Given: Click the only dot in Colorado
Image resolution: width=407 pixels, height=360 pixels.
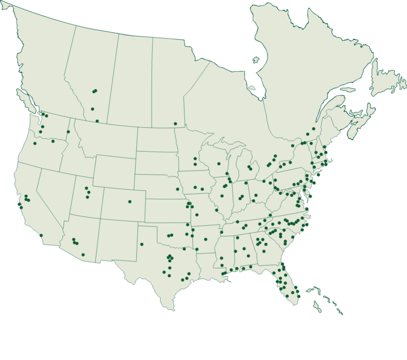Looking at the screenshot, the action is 130,201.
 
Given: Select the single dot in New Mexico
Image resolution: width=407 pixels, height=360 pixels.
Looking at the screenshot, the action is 141,244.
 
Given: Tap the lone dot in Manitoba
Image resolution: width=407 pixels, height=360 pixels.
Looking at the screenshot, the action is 175,124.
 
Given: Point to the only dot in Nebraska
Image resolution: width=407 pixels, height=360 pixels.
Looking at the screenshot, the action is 178,189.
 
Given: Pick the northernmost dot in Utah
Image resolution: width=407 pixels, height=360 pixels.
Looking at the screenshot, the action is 86,188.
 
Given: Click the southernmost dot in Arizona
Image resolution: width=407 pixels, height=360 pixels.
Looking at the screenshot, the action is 83,255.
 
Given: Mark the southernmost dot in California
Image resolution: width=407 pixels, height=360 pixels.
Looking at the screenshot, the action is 41,235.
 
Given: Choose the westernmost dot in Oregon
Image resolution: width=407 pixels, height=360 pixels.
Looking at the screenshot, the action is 35,143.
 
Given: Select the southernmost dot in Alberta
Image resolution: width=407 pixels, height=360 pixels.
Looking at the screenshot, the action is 97,121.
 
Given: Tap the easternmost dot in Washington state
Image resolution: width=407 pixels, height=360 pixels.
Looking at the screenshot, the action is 68,132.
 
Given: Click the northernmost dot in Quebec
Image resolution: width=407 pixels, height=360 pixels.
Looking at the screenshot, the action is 314,129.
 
